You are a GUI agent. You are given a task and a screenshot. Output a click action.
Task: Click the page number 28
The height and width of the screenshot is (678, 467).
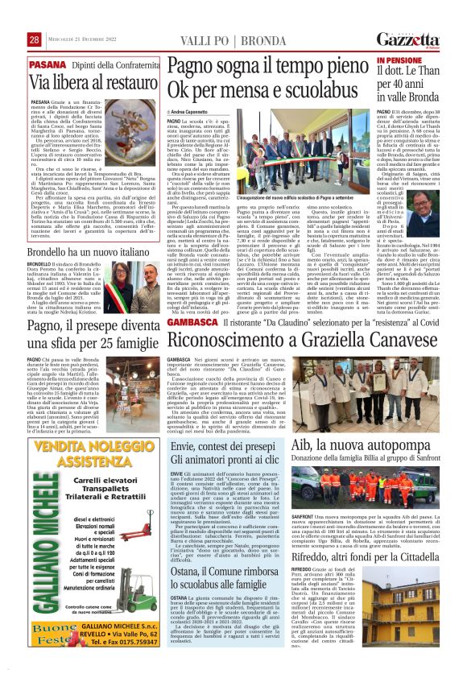(x=35, y=39)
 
